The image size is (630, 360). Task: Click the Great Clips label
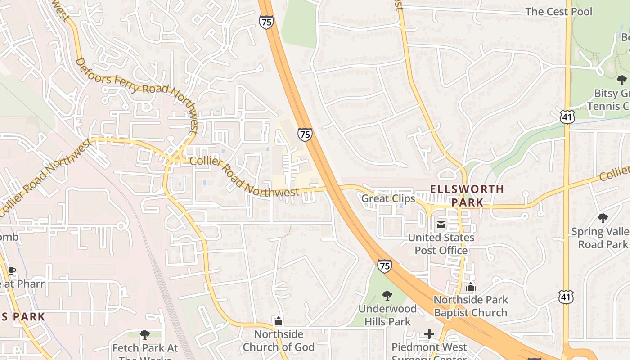388,198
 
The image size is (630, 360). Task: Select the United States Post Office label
441,243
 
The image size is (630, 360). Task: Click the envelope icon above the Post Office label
441,225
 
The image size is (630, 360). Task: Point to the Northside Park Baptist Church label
470,306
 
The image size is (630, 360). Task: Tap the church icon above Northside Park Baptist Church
471,287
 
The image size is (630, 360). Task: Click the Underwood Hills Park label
387,315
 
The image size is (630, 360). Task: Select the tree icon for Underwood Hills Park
387,296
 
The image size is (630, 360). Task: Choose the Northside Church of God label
279,340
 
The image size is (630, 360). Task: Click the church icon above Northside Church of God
279,321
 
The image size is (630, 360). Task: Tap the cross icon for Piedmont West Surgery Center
429,334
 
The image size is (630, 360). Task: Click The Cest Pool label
559,12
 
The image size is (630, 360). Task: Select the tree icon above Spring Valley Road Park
603,219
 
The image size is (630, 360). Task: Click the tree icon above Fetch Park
144,334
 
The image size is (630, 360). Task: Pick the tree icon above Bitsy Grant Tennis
621,81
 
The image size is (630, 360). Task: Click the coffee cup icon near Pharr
12,270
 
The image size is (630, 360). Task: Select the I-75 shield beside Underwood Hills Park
384,266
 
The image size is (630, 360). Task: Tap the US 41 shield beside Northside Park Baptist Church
565,296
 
